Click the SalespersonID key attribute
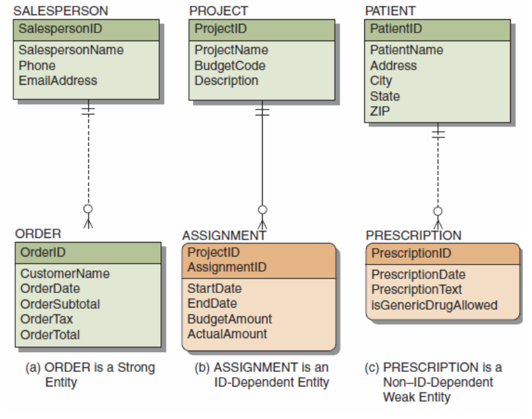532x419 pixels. pyautogui.click(x=60, y=29)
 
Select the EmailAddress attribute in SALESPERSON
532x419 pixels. pyautogui.click(x=58, y=81)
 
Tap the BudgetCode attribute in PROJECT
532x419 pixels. pyautogui.click(x=230, y=66)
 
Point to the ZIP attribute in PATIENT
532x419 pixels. pyautogui.click(x=379, y=111)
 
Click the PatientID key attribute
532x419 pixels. pyautogui.click(x=396, y=29)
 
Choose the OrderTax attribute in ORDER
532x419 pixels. pyautogui.click(x=46, y=319)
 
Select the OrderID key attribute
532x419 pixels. pyautogui.click(x=42, y=253)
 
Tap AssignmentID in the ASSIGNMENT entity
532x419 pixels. pyautogui.click(x=227, y=267)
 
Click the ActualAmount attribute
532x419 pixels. pyautogui.click(x=227, y=334)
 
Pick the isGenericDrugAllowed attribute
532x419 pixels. pyautogui.click(x=434, y=305)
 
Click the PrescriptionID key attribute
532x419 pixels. pyautogui.click(x=411, y=253)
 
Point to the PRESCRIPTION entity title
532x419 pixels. pyautogui.click(x=413, y=235)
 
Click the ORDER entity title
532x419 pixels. pyautogui.click(x=38, y=234)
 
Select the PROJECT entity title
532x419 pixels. pyautogui.click(x=218, y=11)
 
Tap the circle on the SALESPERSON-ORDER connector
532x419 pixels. pyautogui.click(x=88, y=209)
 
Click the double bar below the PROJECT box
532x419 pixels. pyautogui.click(x=262, y=112)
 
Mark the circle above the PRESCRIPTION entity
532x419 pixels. pyautogui.click(x=438, y=211)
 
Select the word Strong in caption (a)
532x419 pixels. pyautogui.click(x=136, y=368)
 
